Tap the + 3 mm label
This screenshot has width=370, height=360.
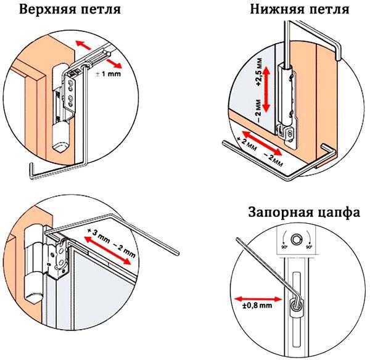point(101,234)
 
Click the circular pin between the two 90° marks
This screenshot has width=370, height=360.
point(297,239)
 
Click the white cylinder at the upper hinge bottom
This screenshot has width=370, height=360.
point(61,140)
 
